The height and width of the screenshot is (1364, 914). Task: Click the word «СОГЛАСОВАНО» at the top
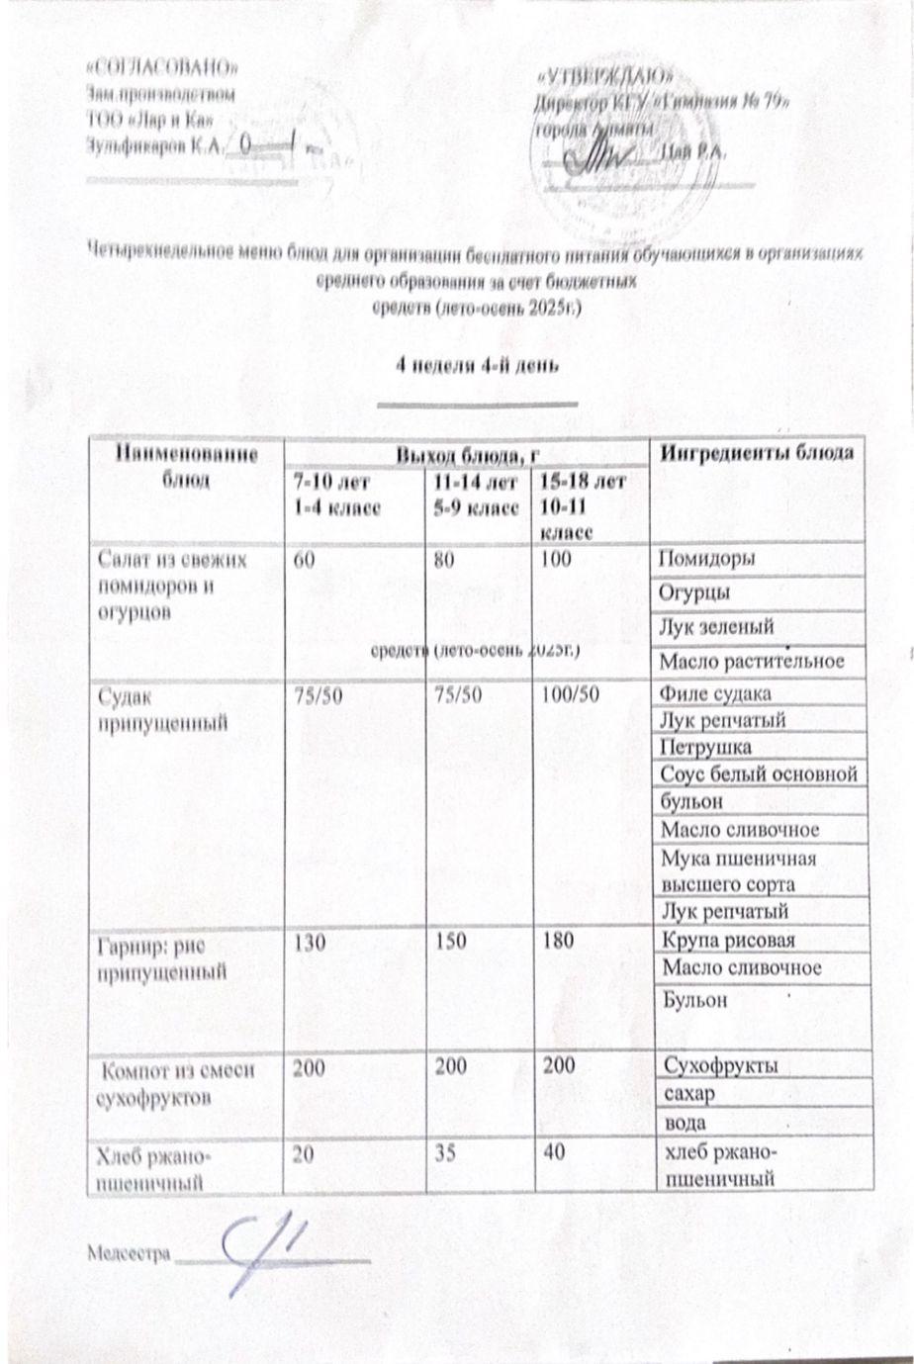coord(163,68)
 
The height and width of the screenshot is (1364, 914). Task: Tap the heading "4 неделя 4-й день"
coord(478,364)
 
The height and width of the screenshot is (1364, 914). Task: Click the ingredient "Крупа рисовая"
coord(729,941)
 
